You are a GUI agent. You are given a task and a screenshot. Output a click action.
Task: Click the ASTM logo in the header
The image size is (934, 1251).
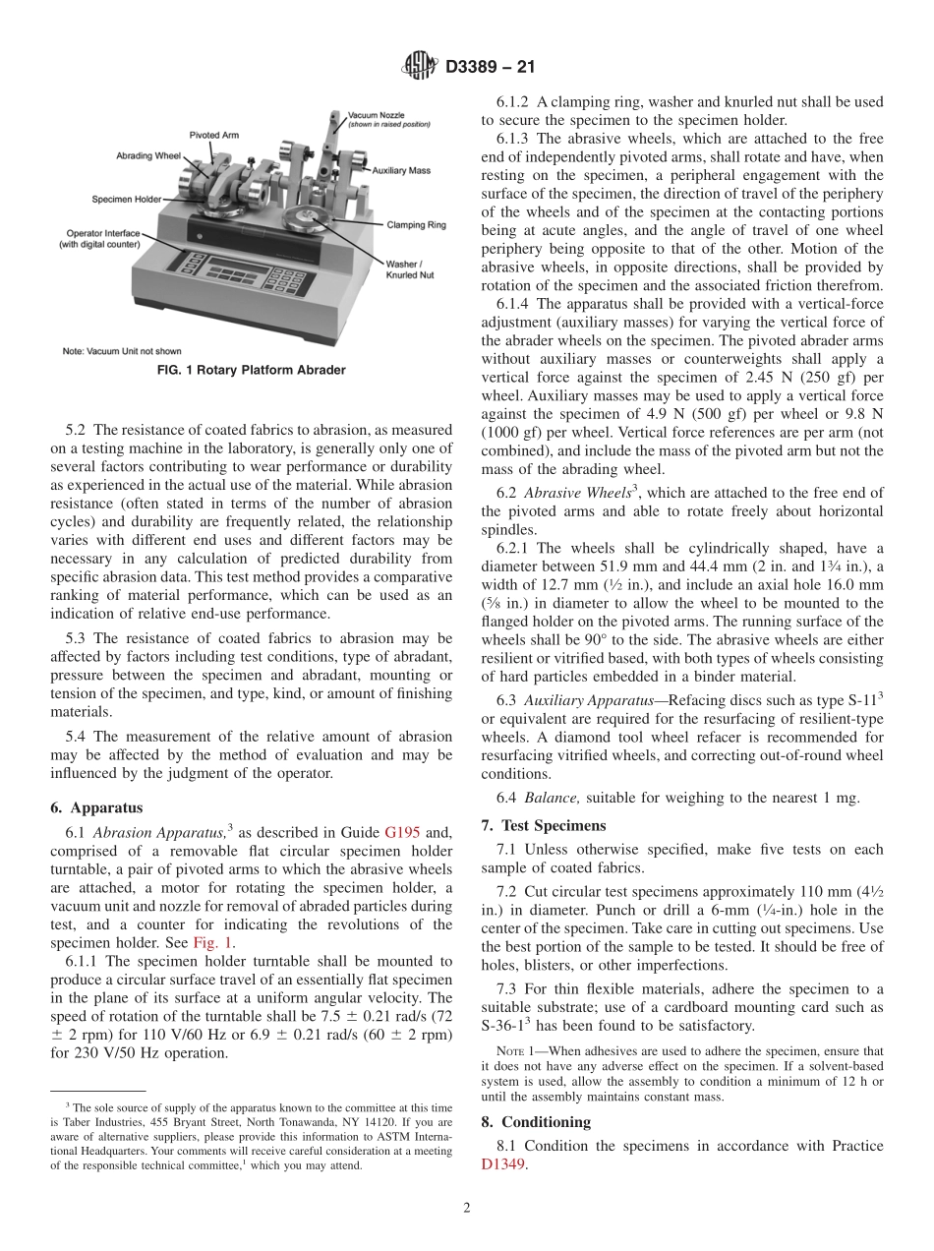420,67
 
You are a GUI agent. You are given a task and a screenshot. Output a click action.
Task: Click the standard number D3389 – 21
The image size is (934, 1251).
489,68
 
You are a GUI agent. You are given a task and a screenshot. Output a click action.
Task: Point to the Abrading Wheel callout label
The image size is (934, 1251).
148,155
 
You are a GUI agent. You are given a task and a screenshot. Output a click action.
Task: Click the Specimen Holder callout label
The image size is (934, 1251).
127,199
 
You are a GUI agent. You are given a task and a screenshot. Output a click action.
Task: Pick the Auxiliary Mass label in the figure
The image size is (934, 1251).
401,171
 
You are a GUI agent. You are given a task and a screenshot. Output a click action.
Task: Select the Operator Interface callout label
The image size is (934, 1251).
99,238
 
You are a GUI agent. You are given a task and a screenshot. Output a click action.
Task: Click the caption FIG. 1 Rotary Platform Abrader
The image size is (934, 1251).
251,370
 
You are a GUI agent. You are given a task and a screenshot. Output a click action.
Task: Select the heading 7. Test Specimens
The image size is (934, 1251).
544,825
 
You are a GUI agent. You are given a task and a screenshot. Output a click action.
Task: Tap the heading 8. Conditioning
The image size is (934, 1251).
536,1122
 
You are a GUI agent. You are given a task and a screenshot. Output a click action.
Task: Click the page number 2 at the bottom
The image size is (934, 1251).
466,1209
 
